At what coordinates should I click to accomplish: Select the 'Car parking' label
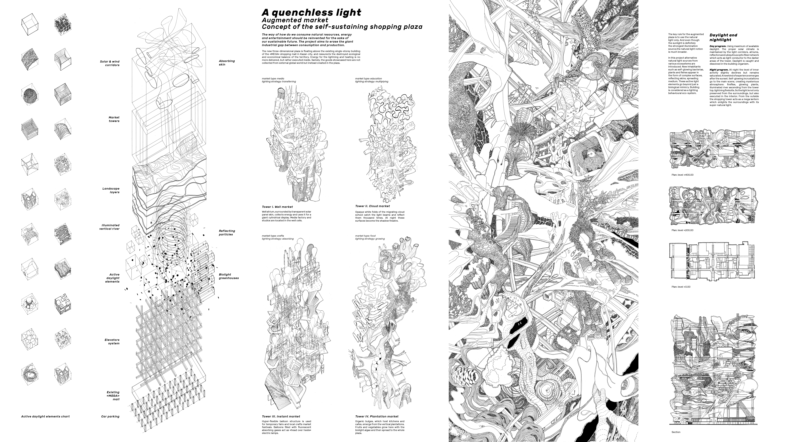click(x=110, y=416)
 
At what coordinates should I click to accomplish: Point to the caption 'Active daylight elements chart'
click(x=45, y=416)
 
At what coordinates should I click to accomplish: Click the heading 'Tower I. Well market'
click(x=277, y=207)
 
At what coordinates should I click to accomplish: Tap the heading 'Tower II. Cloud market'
click(x=372, y=206)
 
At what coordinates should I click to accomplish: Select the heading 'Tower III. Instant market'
click(x=281, y=416)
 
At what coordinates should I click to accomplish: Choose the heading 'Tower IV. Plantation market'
click(x=377, y=416)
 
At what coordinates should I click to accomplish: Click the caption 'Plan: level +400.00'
click(x=682, y=175)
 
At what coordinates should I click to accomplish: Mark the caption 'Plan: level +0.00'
click(x=681, y=287)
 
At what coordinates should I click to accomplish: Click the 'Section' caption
click(x=676, y=432)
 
